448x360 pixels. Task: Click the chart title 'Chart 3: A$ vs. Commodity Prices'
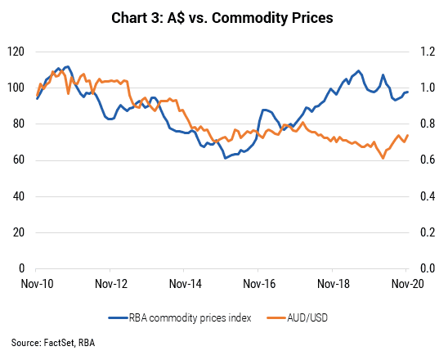point(222,18)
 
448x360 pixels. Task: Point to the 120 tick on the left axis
point(16,52)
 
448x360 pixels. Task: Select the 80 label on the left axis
point(19,124)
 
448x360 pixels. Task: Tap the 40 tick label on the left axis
point(19,196)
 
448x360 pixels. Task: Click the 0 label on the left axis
point(22,268)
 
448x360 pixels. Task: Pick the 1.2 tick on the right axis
point(428,52)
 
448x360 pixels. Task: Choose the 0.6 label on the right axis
point(428,160)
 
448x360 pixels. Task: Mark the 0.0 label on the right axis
point(428,268)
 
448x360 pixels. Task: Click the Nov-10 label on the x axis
point(37,284)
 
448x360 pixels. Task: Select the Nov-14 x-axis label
point(185,284)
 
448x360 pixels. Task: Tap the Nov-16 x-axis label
point(259,284)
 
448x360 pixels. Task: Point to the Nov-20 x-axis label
point(407,284)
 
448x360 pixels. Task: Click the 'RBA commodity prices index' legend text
point(190,318)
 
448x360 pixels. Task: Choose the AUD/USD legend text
point(307,318)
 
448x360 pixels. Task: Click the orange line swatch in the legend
point(276,318)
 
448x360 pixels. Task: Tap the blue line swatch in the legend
point(118,318)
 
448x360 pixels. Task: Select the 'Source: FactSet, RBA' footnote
point(53,343)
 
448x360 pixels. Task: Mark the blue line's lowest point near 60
point(225,158)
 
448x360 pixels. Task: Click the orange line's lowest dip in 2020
point(383,158)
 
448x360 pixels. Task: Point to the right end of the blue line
point(407,92)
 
